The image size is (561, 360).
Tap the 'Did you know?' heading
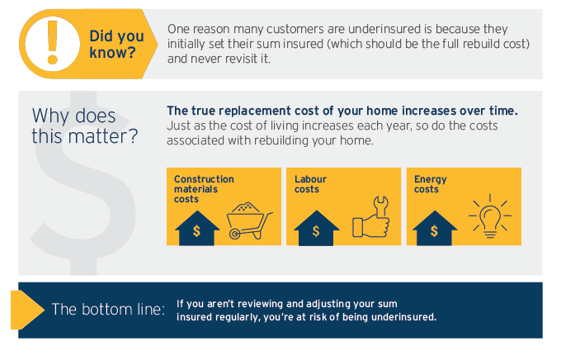[115, 44]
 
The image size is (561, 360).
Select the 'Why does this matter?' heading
[84, 126]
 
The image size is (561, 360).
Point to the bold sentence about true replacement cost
[342, 111]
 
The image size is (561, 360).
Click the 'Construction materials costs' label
[204, 189]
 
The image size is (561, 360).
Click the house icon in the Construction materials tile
[196, 227]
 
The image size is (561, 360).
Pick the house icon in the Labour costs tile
[316, 227]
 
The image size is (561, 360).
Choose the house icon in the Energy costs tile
[434, 227]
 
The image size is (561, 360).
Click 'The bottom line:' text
[108, 310]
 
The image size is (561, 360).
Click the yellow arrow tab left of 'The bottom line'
[25, 310]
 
